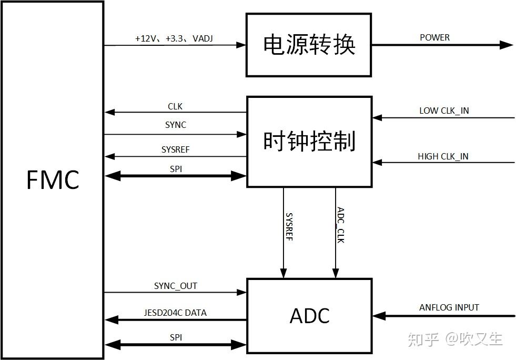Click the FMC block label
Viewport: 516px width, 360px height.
(x=53, y=180)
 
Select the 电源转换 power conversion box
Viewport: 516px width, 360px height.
(x=309, y=45)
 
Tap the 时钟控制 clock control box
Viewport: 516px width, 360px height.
(x=309, y=142)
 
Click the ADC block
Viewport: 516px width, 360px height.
(x=309, y=315)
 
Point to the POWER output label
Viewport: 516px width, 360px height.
(x=434, y=37)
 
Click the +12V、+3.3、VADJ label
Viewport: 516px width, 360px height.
(x=174, y=38)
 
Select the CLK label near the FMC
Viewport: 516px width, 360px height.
(x=175, y=106)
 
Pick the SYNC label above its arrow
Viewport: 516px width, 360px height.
(x=176, y=125)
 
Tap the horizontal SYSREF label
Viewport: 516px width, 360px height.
(x=176, y=149)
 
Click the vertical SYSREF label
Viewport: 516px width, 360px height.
(x=289, y=226)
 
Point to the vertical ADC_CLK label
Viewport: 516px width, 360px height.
(x=340, y=225)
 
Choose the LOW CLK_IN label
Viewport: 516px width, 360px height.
(x=444, y=111)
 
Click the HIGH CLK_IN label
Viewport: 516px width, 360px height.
(x=443, y=156)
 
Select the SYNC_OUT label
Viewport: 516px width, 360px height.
(x=176, y=286)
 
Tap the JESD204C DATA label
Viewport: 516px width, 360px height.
(x=175, y=313)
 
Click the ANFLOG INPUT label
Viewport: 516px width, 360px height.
(x=449, y=307)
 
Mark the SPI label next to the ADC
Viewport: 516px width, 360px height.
(x=176, y=337)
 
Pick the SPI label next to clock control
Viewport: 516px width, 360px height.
(x=176, y=168)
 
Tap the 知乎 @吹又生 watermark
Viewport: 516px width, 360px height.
(x=455, y=339)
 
